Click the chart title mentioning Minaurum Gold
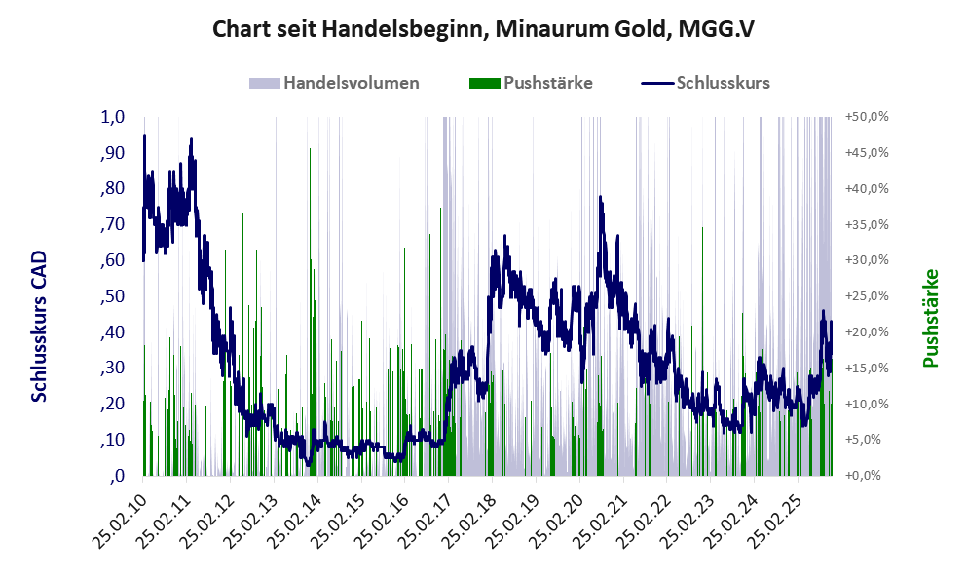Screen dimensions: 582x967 483,30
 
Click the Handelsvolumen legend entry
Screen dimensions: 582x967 351,83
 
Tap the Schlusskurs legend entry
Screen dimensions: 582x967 723,83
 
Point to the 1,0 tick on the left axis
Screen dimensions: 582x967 113,117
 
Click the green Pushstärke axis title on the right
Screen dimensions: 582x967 930,318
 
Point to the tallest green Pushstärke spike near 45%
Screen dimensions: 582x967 310,150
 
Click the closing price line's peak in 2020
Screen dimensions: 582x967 600,198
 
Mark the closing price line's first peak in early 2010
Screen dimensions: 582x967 144,136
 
